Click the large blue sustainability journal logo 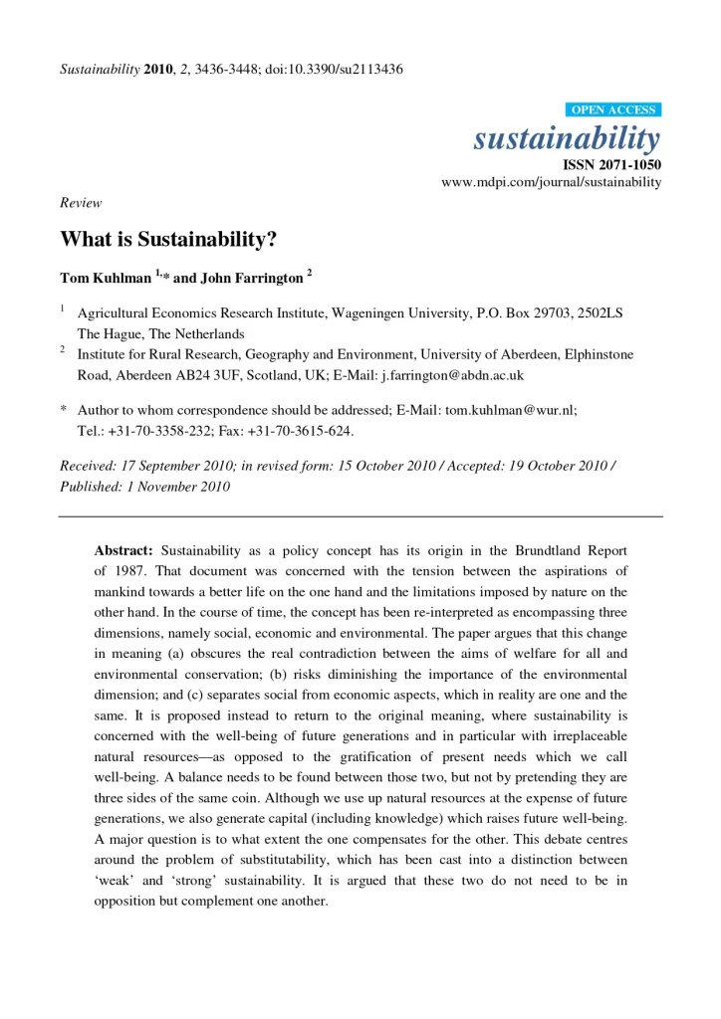click(566, 138)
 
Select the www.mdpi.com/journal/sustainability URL click(551, 183)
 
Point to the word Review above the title click(81, 203)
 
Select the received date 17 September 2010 click(177, 466)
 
